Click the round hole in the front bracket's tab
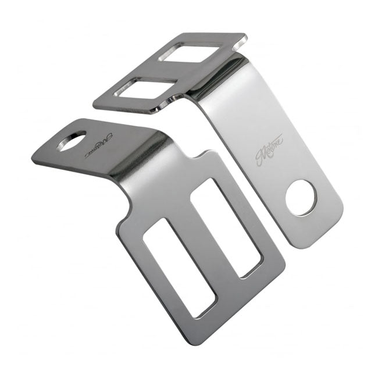[x=72, y=141]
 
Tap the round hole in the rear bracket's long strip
[x=301, y=198]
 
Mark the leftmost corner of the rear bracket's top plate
[x=95, y=104]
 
